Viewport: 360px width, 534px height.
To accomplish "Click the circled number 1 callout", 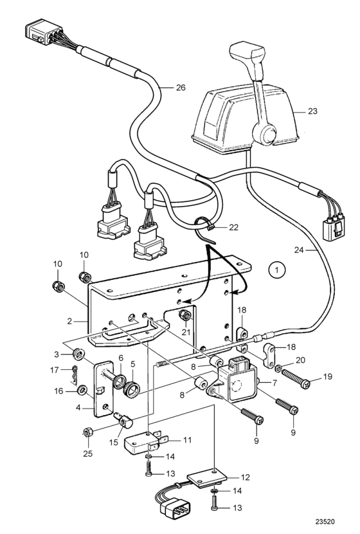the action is pos(276,270).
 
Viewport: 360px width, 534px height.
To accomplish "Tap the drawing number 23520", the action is pos(325,522).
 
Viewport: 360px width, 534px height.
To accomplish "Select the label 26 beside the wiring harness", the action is pos(181,87).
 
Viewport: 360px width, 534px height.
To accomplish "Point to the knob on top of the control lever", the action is pos(248,56).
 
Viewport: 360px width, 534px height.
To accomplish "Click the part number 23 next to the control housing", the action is pos(312,111).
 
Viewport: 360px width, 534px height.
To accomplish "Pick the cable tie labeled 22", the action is pos(206,231).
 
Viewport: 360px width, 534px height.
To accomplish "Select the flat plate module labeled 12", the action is pos(205,479).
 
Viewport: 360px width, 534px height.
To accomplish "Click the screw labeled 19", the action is pos(295,380).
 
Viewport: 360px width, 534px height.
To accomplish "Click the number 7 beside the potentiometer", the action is pos(274,383).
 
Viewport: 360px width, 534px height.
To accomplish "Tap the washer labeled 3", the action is pos(78,354).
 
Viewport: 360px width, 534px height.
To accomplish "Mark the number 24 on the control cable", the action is pos(299,250).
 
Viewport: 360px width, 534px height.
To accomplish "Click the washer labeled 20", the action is pos(278,368).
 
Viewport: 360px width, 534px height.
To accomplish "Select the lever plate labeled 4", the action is pos(104,389).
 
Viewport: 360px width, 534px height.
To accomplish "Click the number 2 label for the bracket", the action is pos(70,321).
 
